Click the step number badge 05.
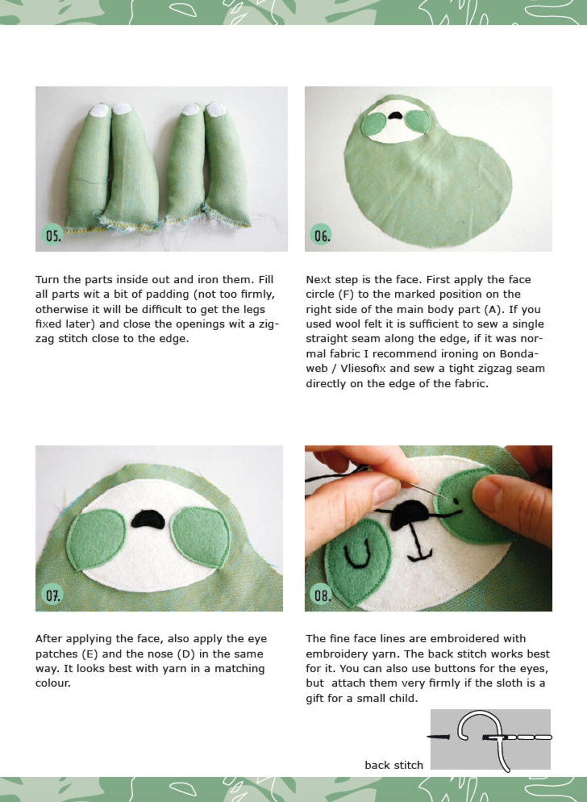pos(53,235)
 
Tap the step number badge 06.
pos(322,235)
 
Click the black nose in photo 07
pos(148,519)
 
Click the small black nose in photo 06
pos(395,116)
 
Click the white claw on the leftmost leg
pos(99,110)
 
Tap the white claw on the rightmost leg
pos(215,108)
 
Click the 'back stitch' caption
pos(393,765)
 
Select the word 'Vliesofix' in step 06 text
pos(363,368)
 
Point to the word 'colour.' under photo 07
pos(53,683)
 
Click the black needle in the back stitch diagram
pos(439,737)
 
